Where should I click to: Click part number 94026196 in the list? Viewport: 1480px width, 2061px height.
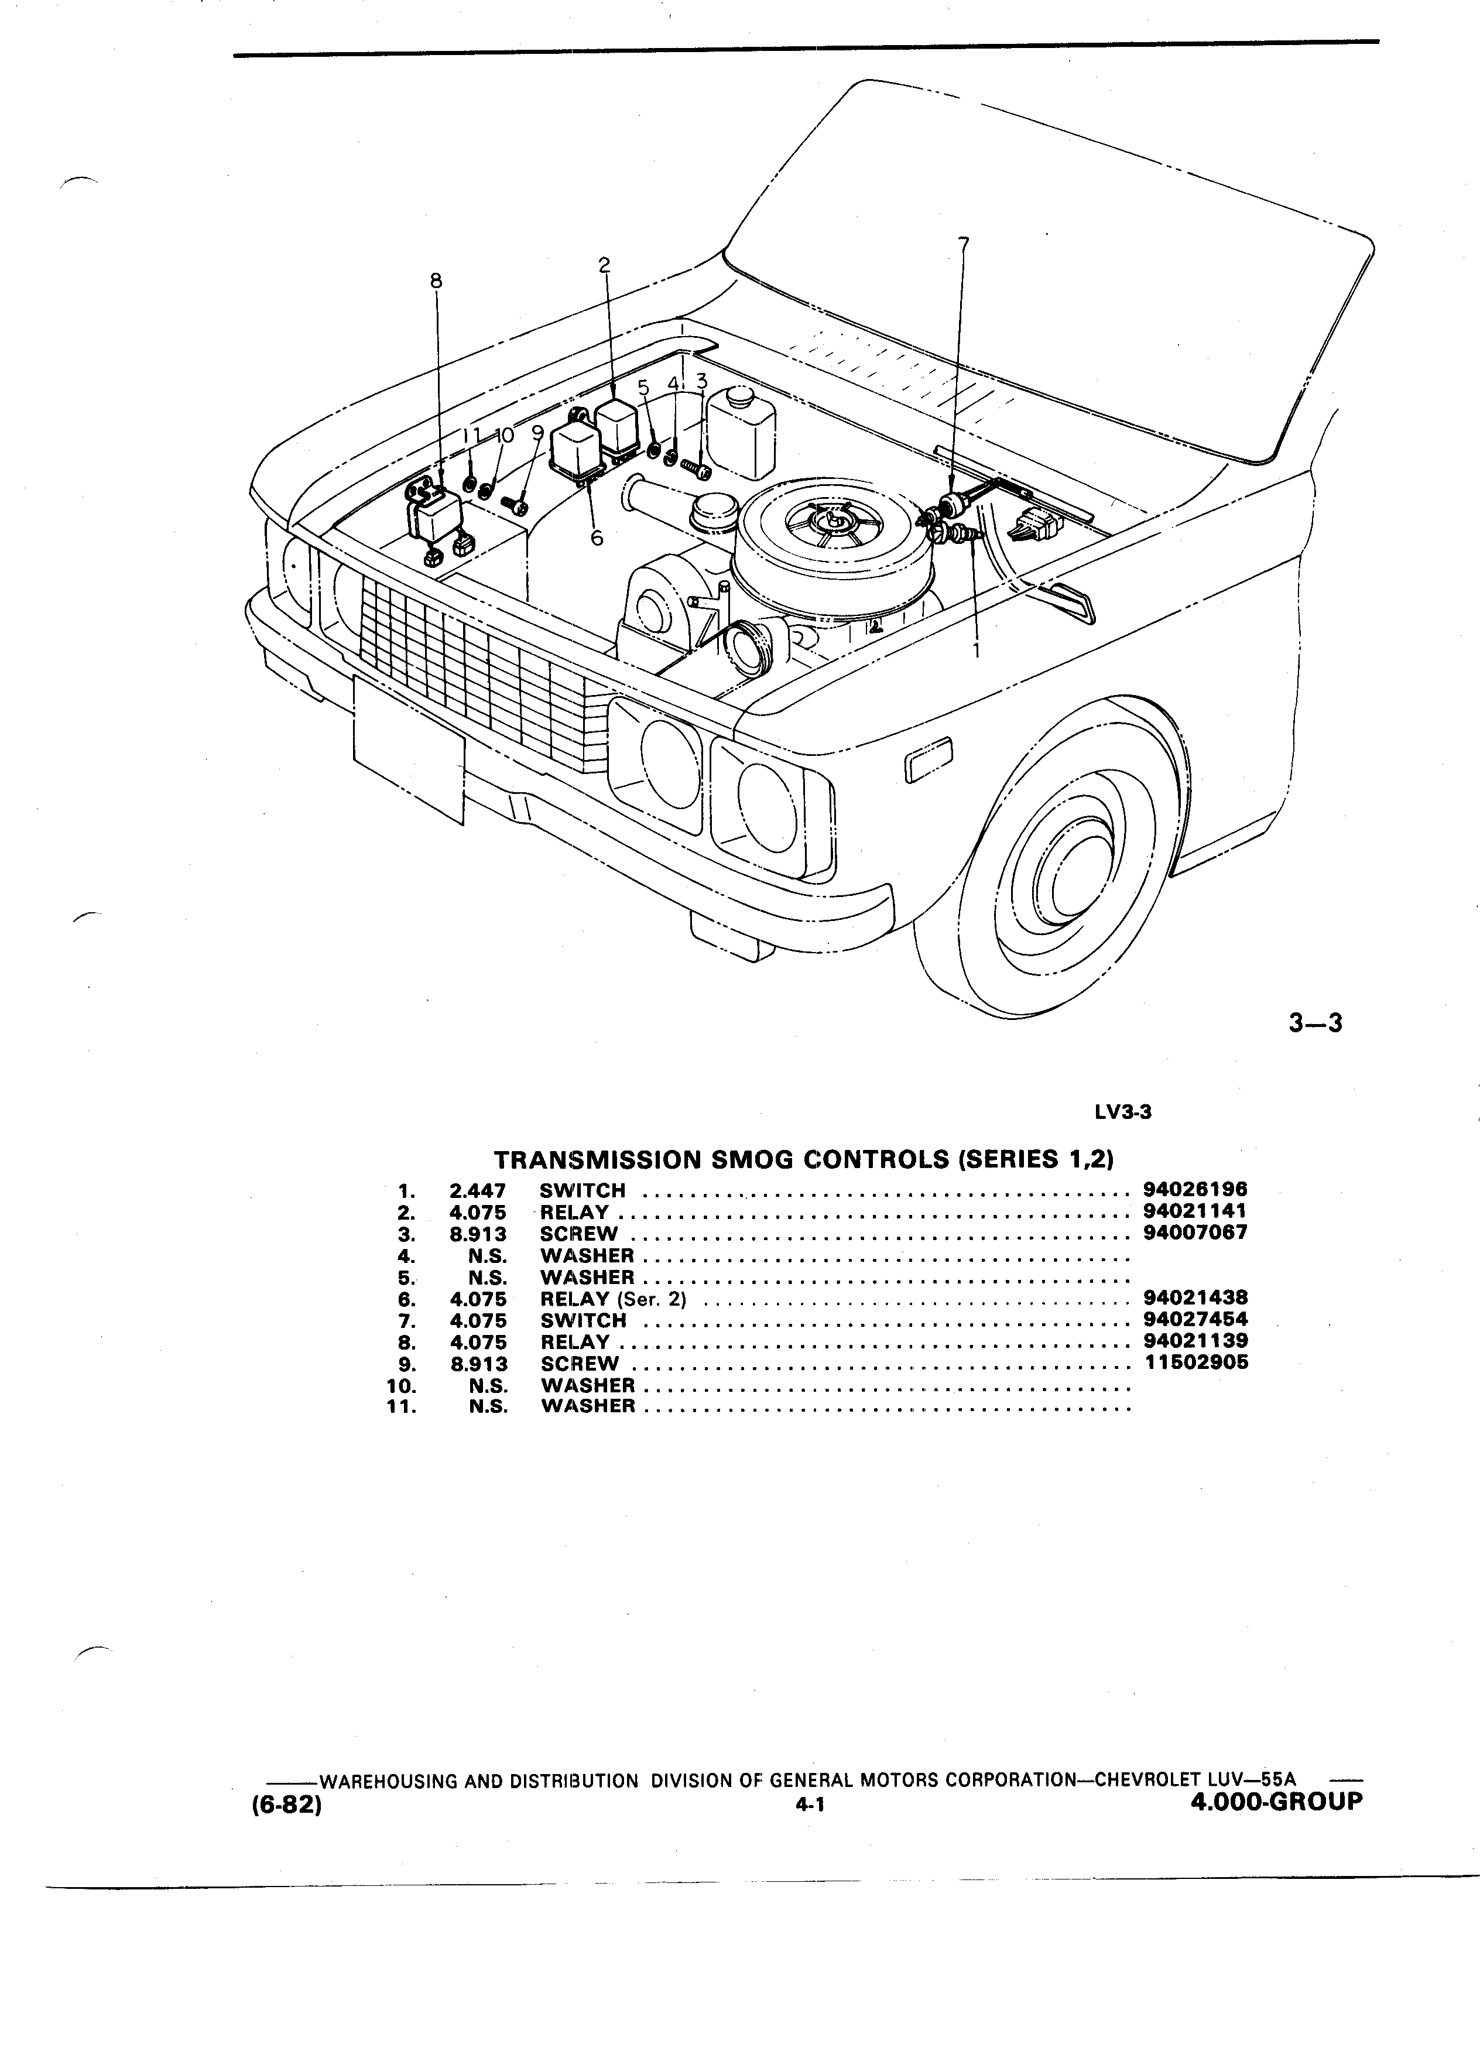1195,1190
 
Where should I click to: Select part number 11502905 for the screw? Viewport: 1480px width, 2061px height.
1195,1363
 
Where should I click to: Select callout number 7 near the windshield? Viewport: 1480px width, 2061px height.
964,244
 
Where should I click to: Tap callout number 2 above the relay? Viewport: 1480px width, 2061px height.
604,265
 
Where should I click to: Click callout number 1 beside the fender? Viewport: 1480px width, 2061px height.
977,651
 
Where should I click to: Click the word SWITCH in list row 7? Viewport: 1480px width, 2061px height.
583,1320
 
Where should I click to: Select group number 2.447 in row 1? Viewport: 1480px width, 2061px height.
478,1190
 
